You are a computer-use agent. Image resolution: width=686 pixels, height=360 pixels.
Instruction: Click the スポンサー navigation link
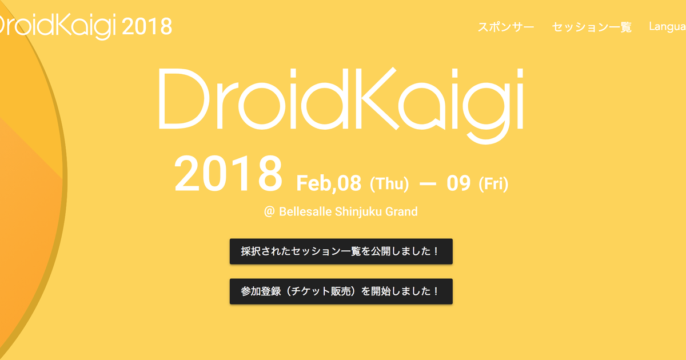click(x=506, y=27)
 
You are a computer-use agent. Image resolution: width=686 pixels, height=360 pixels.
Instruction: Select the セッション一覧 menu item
click(x=592, y=27)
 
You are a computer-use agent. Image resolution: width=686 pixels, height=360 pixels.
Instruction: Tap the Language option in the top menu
click(x=668, y=27)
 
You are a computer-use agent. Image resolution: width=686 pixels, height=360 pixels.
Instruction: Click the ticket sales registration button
click(x=341, y=291)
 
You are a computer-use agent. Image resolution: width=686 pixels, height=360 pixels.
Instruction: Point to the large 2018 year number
click(x=228, y=174)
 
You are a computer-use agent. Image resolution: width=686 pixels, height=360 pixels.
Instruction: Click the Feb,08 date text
click(x=329, y=184)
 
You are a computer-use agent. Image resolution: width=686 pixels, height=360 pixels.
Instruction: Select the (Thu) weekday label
click(x=389, y=184)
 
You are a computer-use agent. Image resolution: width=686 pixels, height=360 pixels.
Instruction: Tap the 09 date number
click(x=458, y=184)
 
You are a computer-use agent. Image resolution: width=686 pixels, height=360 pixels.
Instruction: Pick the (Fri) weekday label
click(x=493, y=184)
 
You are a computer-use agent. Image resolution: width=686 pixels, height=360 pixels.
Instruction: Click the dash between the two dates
click(x=428, y=185)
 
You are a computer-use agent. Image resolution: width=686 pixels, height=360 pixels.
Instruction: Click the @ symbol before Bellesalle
click(x=270, y=212)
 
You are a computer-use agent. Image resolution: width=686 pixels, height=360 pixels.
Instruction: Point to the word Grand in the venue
click(x=401, y=212)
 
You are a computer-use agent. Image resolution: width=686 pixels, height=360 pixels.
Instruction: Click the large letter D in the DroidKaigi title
click(x=183, y=98)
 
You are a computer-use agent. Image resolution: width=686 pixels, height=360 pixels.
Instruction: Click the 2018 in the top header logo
click(x=147, y=26)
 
